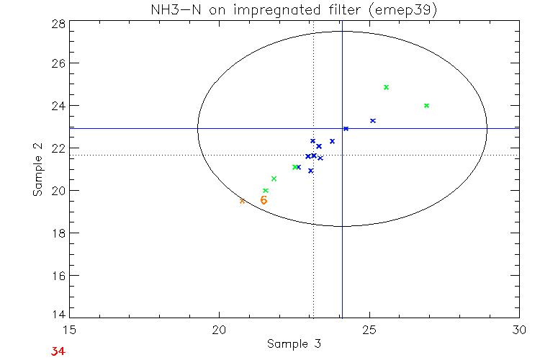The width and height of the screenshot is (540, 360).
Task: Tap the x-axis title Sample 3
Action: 294,343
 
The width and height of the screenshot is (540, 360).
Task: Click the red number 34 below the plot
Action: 59,351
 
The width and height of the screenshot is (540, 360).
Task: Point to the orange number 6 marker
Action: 264,200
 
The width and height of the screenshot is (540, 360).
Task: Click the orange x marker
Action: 242,201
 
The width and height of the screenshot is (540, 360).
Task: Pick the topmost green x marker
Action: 387,87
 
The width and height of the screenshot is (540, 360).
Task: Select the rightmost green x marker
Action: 427,105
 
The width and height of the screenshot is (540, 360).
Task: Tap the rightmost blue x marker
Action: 373,120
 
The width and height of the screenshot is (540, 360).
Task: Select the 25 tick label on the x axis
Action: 369,330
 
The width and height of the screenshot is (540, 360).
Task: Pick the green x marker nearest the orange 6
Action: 266,190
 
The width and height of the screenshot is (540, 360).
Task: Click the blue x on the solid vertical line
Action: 346,128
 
